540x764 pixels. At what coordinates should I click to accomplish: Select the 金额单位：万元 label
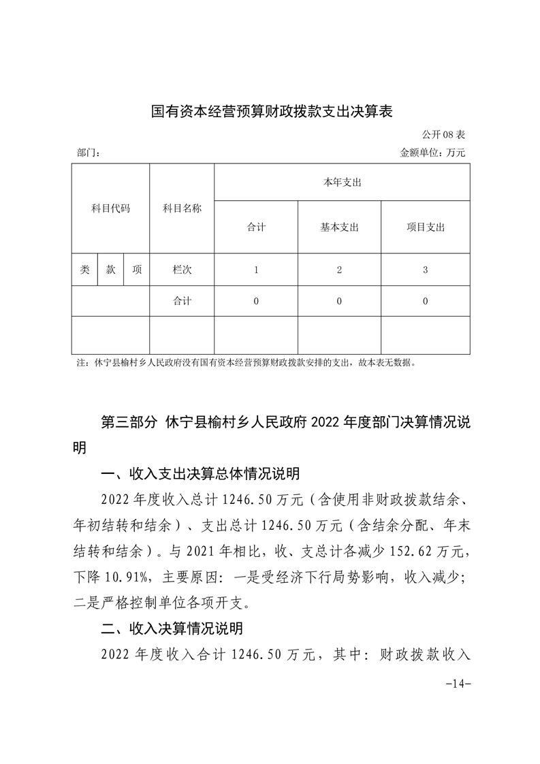(x=432, y=153)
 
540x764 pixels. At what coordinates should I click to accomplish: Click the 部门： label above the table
(x=89, y=154)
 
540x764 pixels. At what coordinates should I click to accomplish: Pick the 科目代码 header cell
(x=110, y=208)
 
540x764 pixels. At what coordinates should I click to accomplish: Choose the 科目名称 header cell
(x=182, y=208)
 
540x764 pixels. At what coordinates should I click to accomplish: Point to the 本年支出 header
(x=342, y=182)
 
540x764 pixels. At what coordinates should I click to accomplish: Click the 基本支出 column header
(x=339, y=227)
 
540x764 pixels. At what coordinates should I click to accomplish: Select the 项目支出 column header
(x=425, y=227)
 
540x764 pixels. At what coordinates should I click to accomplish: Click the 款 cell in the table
(x=110, y=270)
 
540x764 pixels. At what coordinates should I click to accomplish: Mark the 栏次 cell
(x=182, y=270)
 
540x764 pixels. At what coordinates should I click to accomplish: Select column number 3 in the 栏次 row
(x=425, y=270)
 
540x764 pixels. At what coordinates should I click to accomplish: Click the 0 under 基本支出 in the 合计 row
(x=339, y=301)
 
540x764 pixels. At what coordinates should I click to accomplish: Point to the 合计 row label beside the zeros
(x=182, y=301)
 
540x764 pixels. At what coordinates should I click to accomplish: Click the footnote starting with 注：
(x=246, y=363)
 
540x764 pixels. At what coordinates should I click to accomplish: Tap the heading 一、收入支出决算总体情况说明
(x=200, y=474)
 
